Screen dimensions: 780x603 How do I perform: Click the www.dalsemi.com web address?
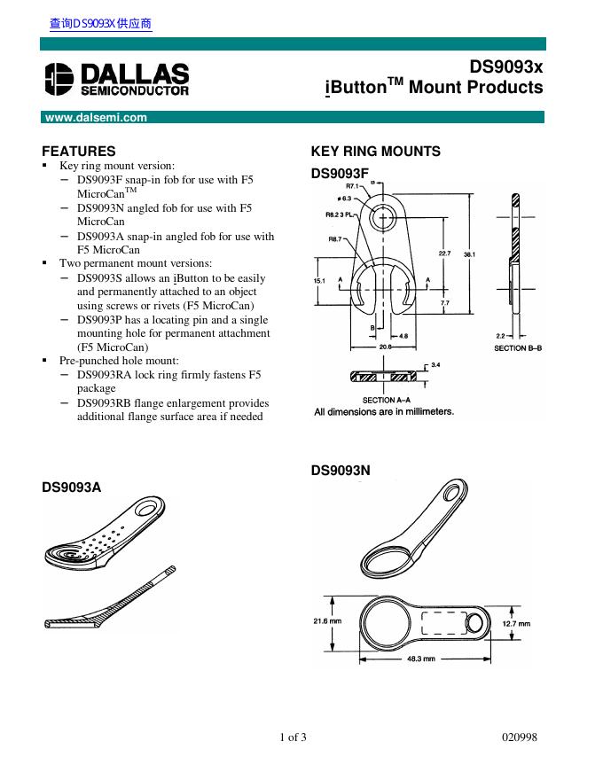tap(96, 117)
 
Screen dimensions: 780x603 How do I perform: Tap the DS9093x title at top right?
tap(506, 66)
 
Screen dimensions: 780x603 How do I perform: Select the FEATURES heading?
tap(79, 152)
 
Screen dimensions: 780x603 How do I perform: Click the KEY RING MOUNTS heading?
tap(375, 152)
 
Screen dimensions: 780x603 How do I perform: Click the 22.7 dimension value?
tap(445, 254)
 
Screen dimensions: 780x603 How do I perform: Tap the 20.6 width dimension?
tap(385, 347)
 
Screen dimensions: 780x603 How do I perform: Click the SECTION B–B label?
tap(517, 348)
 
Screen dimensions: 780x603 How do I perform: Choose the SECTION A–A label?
tap(387, 401)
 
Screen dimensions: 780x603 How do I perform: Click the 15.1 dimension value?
tap(320, 280)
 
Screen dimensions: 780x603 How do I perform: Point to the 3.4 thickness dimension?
tap(435, 365)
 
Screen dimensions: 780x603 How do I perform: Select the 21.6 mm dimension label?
tap(327, 621)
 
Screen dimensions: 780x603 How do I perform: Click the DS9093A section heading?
tap(72, 487)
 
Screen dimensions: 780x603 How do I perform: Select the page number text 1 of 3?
tap(293, 738)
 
